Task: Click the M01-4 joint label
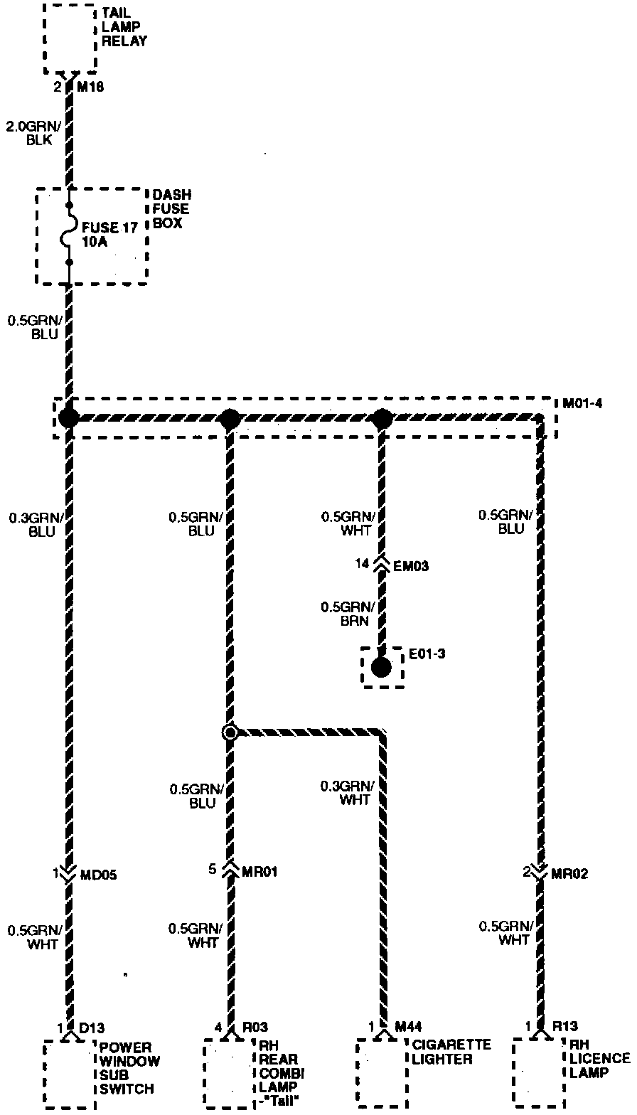click(x=582, y=404)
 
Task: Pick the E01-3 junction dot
click(x=381, y=667)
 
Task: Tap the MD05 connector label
click(x=98, y=874)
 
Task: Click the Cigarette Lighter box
click(x=382, y=1072)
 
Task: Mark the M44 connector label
click(x=408, y=1026)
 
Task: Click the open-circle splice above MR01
click(x=230, y=732)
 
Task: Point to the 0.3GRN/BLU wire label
click(x=31, y=525)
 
